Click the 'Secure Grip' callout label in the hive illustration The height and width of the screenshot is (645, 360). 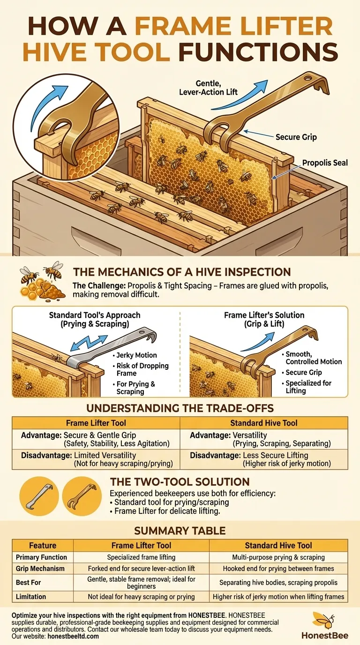[296, 137]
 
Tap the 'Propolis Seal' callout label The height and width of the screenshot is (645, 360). [325, 163]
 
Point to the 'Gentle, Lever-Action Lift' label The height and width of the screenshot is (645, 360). [208, 88]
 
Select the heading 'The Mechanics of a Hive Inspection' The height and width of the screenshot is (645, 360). [182, 272]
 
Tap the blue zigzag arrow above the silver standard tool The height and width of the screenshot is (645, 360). [89, 343]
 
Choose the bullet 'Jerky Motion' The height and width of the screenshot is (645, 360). [135, 355]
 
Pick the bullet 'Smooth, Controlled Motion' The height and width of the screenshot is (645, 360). [312, 358]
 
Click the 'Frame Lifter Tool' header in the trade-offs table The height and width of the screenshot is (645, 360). [96, 423]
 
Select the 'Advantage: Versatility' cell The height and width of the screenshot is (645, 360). [260, 439]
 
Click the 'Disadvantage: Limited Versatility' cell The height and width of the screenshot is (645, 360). [97, 459]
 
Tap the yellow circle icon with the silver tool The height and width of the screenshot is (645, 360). [39, 496]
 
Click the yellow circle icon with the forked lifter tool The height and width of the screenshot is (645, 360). [82, 496]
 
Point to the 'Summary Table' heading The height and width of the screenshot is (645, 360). [180, 531]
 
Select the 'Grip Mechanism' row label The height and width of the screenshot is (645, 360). [40, 569]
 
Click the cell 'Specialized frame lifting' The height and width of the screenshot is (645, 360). [141, 557]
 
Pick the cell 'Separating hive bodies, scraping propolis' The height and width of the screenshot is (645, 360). [278, 583]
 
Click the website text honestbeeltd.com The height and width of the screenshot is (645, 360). [73, 636]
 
